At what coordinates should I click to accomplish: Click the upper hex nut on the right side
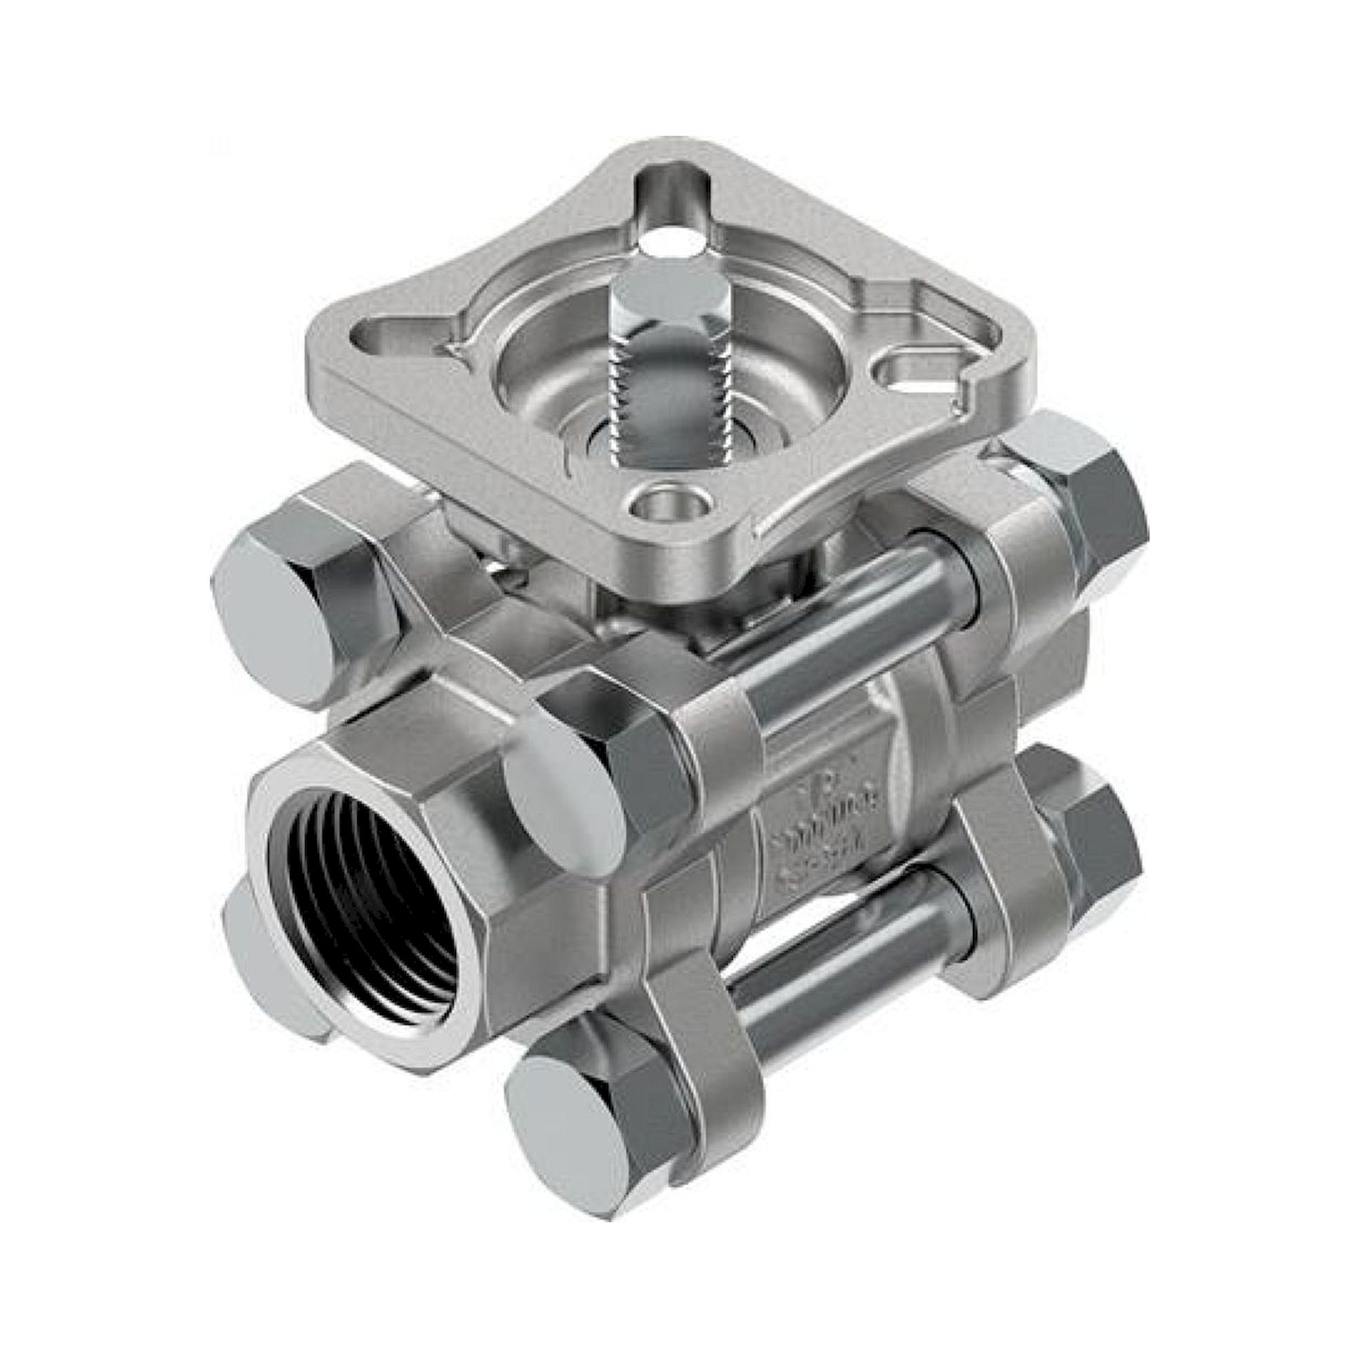[1082, 506]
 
